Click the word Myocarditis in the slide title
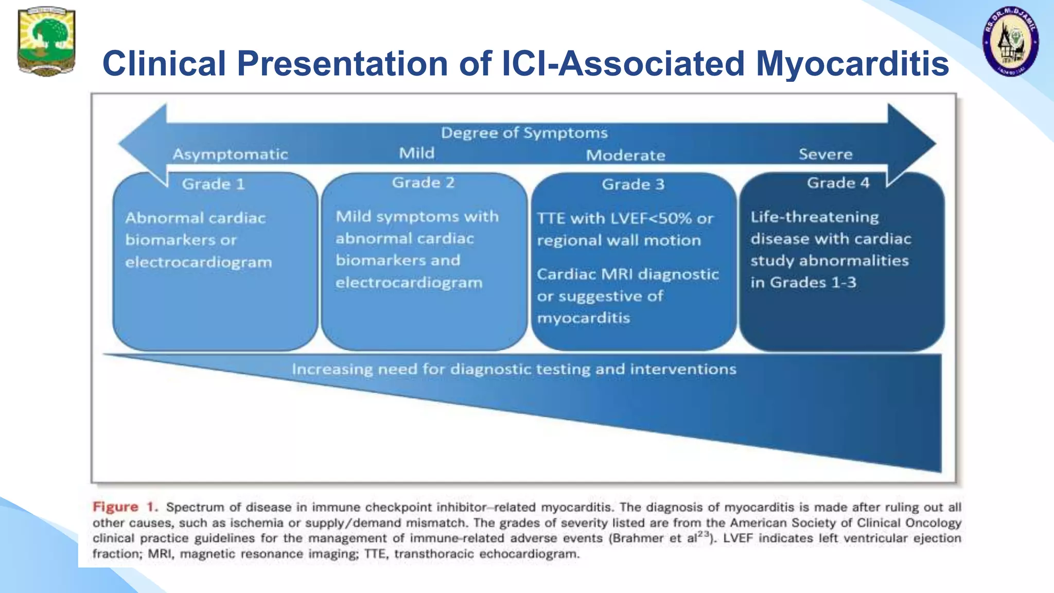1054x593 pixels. point(852,64)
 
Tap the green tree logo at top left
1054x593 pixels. point(46,41)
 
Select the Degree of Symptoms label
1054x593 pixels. point(524,133)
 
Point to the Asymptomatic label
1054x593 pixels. point(230,154)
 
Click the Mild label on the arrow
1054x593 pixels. point(416,153)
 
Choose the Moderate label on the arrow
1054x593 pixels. point(625,155)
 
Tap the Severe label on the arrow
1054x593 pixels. point(825,154)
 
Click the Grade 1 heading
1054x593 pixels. point(213,184)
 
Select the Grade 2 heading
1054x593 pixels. point(423,183)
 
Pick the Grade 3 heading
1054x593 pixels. point(633,184)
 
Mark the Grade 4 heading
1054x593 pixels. point(838,183)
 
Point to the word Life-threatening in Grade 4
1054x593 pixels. point(814,217)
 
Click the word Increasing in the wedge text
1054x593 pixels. point(332,370)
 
